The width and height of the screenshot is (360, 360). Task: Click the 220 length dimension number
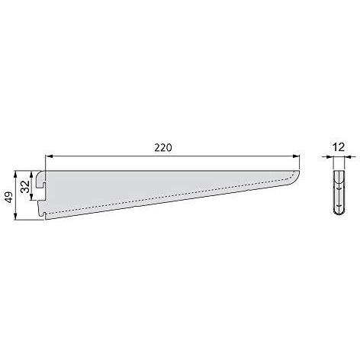163,148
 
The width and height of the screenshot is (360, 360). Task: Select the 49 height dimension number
9,197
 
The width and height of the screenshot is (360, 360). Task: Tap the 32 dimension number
24,187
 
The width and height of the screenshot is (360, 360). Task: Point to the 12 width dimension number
339,147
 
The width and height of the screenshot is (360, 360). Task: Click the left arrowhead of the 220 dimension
49,156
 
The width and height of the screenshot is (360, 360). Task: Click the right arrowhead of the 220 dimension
296,156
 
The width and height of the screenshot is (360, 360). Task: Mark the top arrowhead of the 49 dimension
16,174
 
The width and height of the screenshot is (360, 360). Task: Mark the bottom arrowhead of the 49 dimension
16,216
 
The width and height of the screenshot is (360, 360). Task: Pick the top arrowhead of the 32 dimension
31,174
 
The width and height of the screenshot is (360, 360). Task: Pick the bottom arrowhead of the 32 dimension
31,197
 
